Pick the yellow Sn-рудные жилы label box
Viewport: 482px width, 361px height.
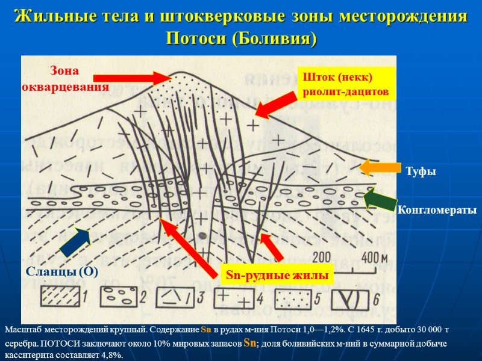[279, 274]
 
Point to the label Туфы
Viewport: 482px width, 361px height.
[421, 172]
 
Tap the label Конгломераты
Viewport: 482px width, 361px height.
[436, 210]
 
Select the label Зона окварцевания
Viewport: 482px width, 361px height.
[65, 79]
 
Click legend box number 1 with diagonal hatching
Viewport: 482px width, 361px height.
[61, 296]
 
